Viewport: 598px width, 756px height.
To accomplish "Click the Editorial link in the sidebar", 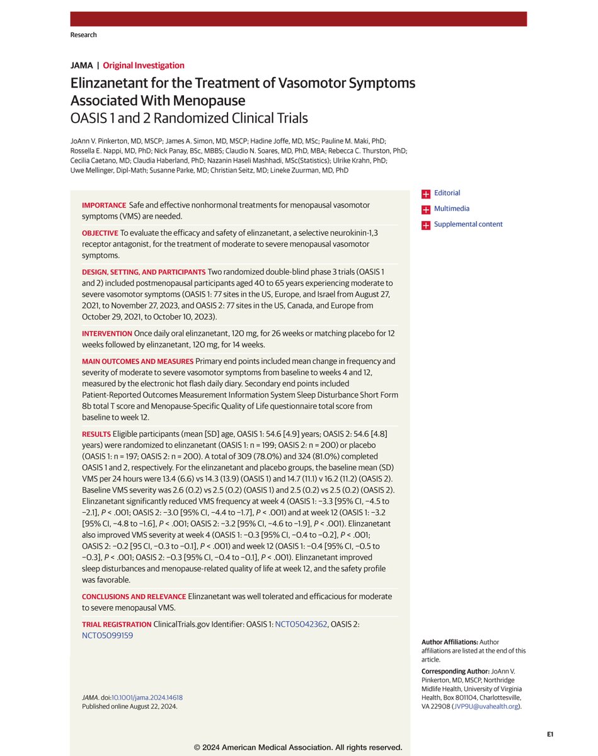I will click(x=447, y=193).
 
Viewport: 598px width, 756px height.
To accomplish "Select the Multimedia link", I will click(x=451, y=209).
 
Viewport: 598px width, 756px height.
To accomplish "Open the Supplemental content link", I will click(x=468, y=224).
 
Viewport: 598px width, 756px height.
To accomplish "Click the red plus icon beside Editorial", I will click(x=427, y=193).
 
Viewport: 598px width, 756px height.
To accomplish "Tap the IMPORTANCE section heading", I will click(x=104, y=206).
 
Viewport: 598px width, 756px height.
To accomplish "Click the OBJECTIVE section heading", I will click(x=100, y=233).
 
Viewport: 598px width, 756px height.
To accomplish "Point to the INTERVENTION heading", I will click(x=106, y=333).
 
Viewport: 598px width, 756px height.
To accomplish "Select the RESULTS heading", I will click(x=96, y=435).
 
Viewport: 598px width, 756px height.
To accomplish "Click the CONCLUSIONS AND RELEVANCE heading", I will click(x=134, y=595).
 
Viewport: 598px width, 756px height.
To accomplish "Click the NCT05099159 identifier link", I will click(x=107, y=635).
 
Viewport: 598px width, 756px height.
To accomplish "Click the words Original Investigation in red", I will click(x=144, y=65).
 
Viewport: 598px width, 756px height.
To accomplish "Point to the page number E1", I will click(x=550, y=734).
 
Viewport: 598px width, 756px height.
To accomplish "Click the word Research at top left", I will click(x=84, y=35).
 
